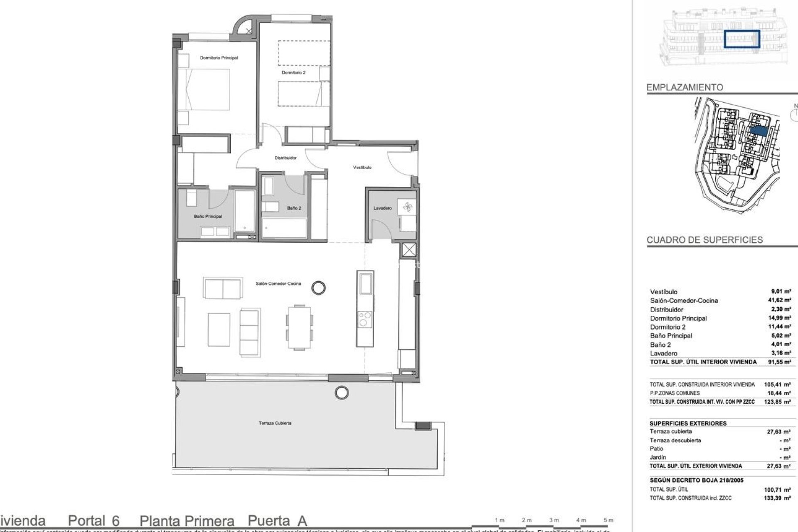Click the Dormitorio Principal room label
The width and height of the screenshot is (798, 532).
[219, 58]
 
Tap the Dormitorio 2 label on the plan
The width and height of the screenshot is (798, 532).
[293, 72]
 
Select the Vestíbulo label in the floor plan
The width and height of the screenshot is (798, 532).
[362, 167]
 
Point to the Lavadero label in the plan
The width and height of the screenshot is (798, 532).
[382, 208]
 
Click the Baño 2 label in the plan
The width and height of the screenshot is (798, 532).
[294, 208]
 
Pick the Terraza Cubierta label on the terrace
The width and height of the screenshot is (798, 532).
[275, 423]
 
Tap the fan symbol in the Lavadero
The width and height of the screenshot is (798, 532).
[406, 207]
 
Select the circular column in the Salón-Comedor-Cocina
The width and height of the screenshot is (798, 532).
[318, 288]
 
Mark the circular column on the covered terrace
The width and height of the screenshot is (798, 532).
[342, 392]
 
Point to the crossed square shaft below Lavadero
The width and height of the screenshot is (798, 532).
[409, 250]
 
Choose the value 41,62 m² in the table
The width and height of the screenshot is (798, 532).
[782, 300]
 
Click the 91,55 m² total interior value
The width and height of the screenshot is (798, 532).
[782, 362]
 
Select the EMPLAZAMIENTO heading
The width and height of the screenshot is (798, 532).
[685, 87]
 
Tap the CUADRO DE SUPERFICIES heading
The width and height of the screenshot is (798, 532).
[704, 240]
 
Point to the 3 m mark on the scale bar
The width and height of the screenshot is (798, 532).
[554, 520]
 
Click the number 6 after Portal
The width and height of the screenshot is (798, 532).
[115, 521]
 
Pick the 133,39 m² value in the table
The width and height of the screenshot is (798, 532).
[782, 498]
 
